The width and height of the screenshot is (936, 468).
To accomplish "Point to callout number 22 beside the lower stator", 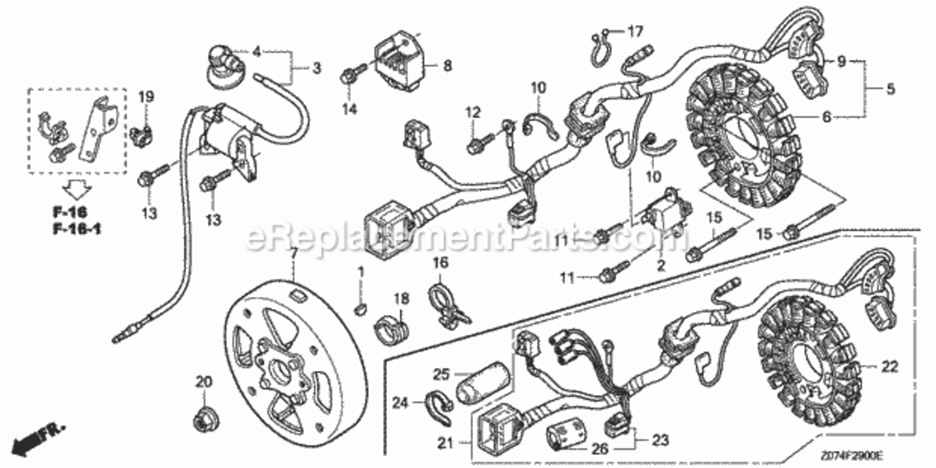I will [890, 367].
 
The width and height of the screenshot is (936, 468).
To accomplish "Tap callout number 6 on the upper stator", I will [827, 117].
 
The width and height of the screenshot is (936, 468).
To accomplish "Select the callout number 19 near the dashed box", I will [145, 97].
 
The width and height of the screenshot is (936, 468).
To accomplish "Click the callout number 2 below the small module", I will [661, 265].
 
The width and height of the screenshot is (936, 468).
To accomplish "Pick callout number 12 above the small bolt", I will [474, 112].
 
